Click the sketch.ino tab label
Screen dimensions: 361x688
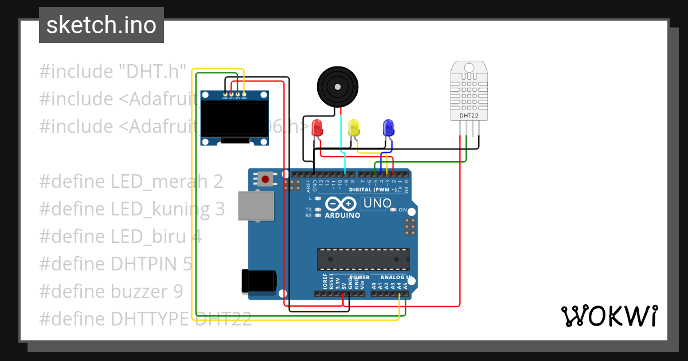(x=101, y=25)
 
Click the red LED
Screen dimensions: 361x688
(x=317, y=128)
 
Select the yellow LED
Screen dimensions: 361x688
(x=354, y=128)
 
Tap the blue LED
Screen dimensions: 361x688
(x=388, y=128)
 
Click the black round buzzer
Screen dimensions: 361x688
(x=338, y=87)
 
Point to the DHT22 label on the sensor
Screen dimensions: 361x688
(x=469, y=115)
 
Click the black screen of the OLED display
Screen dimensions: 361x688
(x=234, y=119)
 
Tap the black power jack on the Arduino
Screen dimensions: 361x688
(x=259, y=281)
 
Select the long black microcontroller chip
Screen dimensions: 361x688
(x=363, y=259)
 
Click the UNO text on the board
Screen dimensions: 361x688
(x=377, y=203)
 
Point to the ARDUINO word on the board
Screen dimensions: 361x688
(x=343, y=215)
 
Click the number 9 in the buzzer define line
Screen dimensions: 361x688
(x=178, y=292)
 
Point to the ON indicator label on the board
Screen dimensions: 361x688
(x=402, y=210)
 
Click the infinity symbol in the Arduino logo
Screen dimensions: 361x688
(x=341, y=203)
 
